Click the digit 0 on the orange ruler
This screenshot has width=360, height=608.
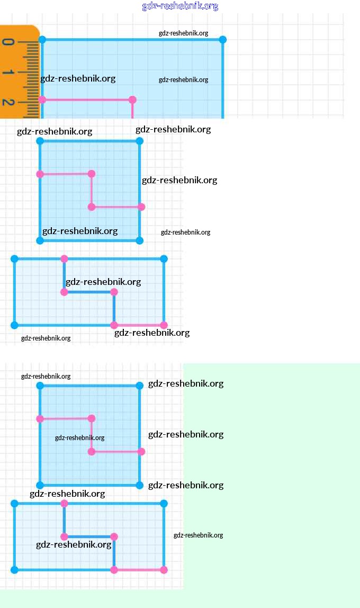pyautogui.click(x=8, y=41)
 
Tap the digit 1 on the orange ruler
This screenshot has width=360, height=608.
pyautogui.click(x=8, y=72)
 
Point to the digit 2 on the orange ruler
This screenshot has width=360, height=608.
pyautogui.click(x=8, y=102)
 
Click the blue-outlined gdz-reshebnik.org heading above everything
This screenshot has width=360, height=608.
pyautogui.click(x=180, y=6)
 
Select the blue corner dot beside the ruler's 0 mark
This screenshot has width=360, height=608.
pyautogui.click(x=42, y=40)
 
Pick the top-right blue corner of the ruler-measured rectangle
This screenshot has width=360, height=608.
pyautogui.click(x=222, y=40)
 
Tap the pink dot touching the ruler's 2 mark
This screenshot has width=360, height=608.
pyautogui.click(x=42, y=100)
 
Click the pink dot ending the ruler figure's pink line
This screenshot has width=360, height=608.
pyautogui.click(x=132, y=100)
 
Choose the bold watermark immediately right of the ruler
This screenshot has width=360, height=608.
pyautogui.click(x=78, y=79)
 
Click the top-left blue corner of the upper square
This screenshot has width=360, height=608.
pyautogui.click(x=40, y=141)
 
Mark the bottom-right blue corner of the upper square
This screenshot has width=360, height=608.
pyautogui.click(x=140, y=240)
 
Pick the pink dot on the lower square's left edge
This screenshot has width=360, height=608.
pyautogui.click(x=40, y=419)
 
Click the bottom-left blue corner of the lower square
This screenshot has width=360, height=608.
pyautogui.click(x=40, y=485)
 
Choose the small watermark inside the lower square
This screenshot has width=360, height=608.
pyautogui.click(x=80, y=438)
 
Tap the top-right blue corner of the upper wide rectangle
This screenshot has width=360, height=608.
pyautogui.click(x=164, y=258)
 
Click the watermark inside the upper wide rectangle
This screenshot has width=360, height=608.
pyautogui.click(x=103, y=282)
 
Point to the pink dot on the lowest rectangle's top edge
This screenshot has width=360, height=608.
pyautogui.click(x=65, y=503)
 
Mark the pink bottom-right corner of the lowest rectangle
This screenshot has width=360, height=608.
pyautogui.click(x=164, y=570)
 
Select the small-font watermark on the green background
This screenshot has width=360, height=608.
pyautogui.click(x=199, y=535)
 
